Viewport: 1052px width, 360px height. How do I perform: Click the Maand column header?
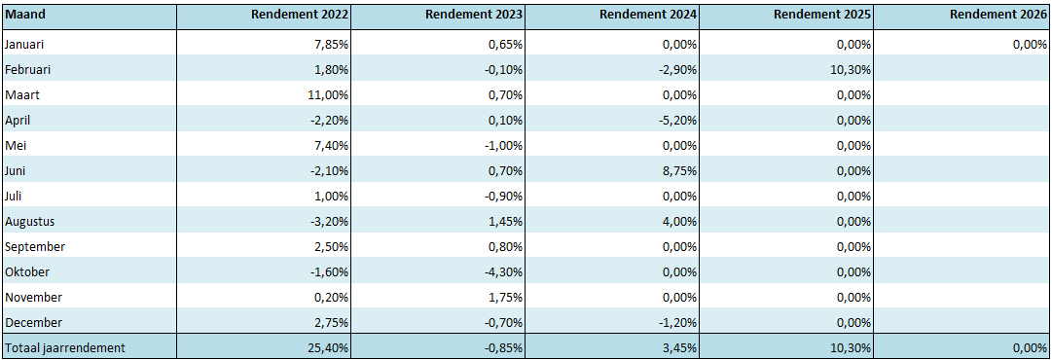[20, 15]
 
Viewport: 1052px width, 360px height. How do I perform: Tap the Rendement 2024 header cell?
[648, 15]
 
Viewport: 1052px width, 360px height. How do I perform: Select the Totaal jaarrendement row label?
[65, 347]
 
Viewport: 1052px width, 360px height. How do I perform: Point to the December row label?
[34, 322]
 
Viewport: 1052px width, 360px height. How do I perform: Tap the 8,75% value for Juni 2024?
[679, 170]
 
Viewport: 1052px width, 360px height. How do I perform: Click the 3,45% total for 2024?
[679, 347]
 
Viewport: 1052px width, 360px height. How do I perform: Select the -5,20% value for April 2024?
[677, 120]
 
